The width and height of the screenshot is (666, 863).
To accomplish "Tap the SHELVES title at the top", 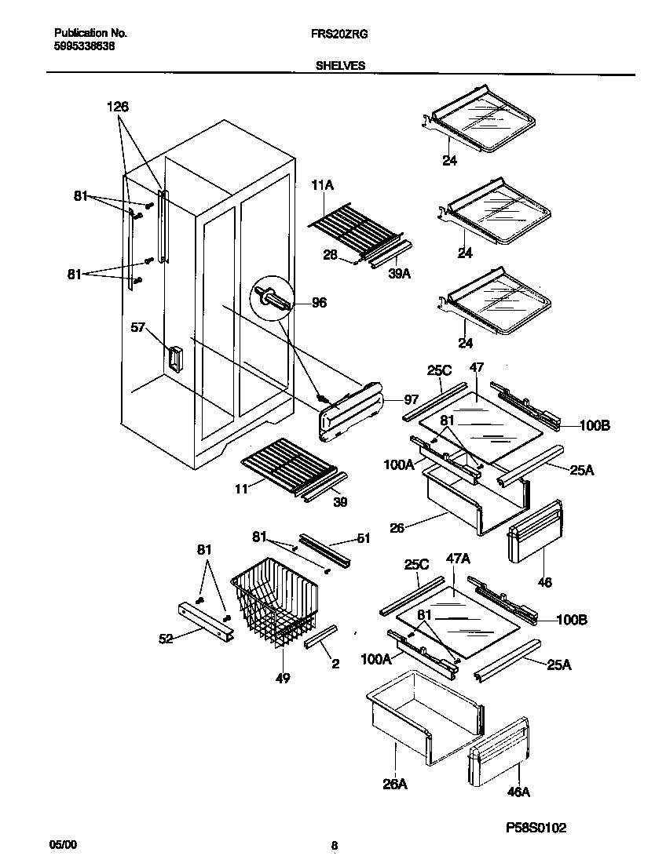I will click(340, 67).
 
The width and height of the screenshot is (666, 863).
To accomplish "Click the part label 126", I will click(118, 107).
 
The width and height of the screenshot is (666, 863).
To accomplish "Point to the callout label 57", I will click(138, 328).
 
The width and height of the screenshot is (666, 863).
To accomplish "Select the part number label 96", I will click(319, 302).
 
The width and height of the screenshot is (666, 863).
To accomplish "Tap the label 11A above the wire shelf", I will click(324, 186).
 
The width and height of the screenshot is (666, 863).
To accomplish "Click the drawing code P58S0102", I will click(536, 828).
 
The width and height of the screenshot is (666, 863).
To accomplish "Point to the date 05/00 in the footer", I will click(64, 845).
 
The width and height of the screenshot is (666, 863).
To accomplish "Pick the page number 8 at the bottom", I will click(334, 846).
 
